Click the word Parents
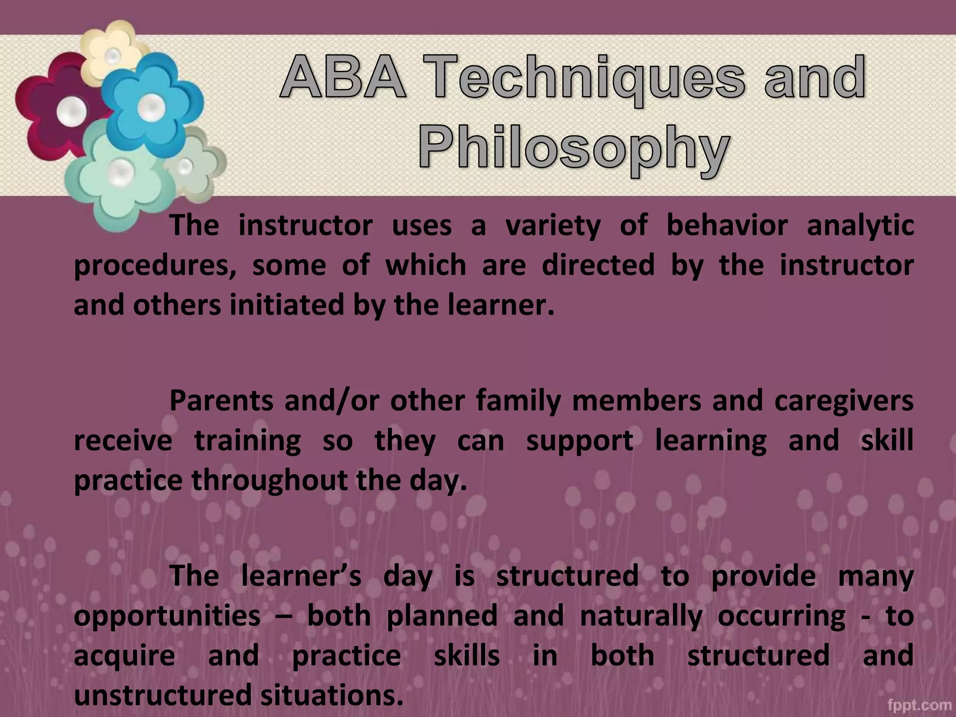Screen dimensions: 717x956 (221, 401)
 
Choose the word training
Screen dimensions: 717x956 (247, 441)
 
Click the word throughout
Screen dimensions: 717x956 (269, 480)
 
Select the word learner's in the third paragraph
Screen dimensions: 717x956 (301, 576)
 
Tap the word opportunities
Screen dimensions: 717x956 (167, 616)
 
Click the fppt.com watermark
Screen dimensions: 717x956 (919, 704)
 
